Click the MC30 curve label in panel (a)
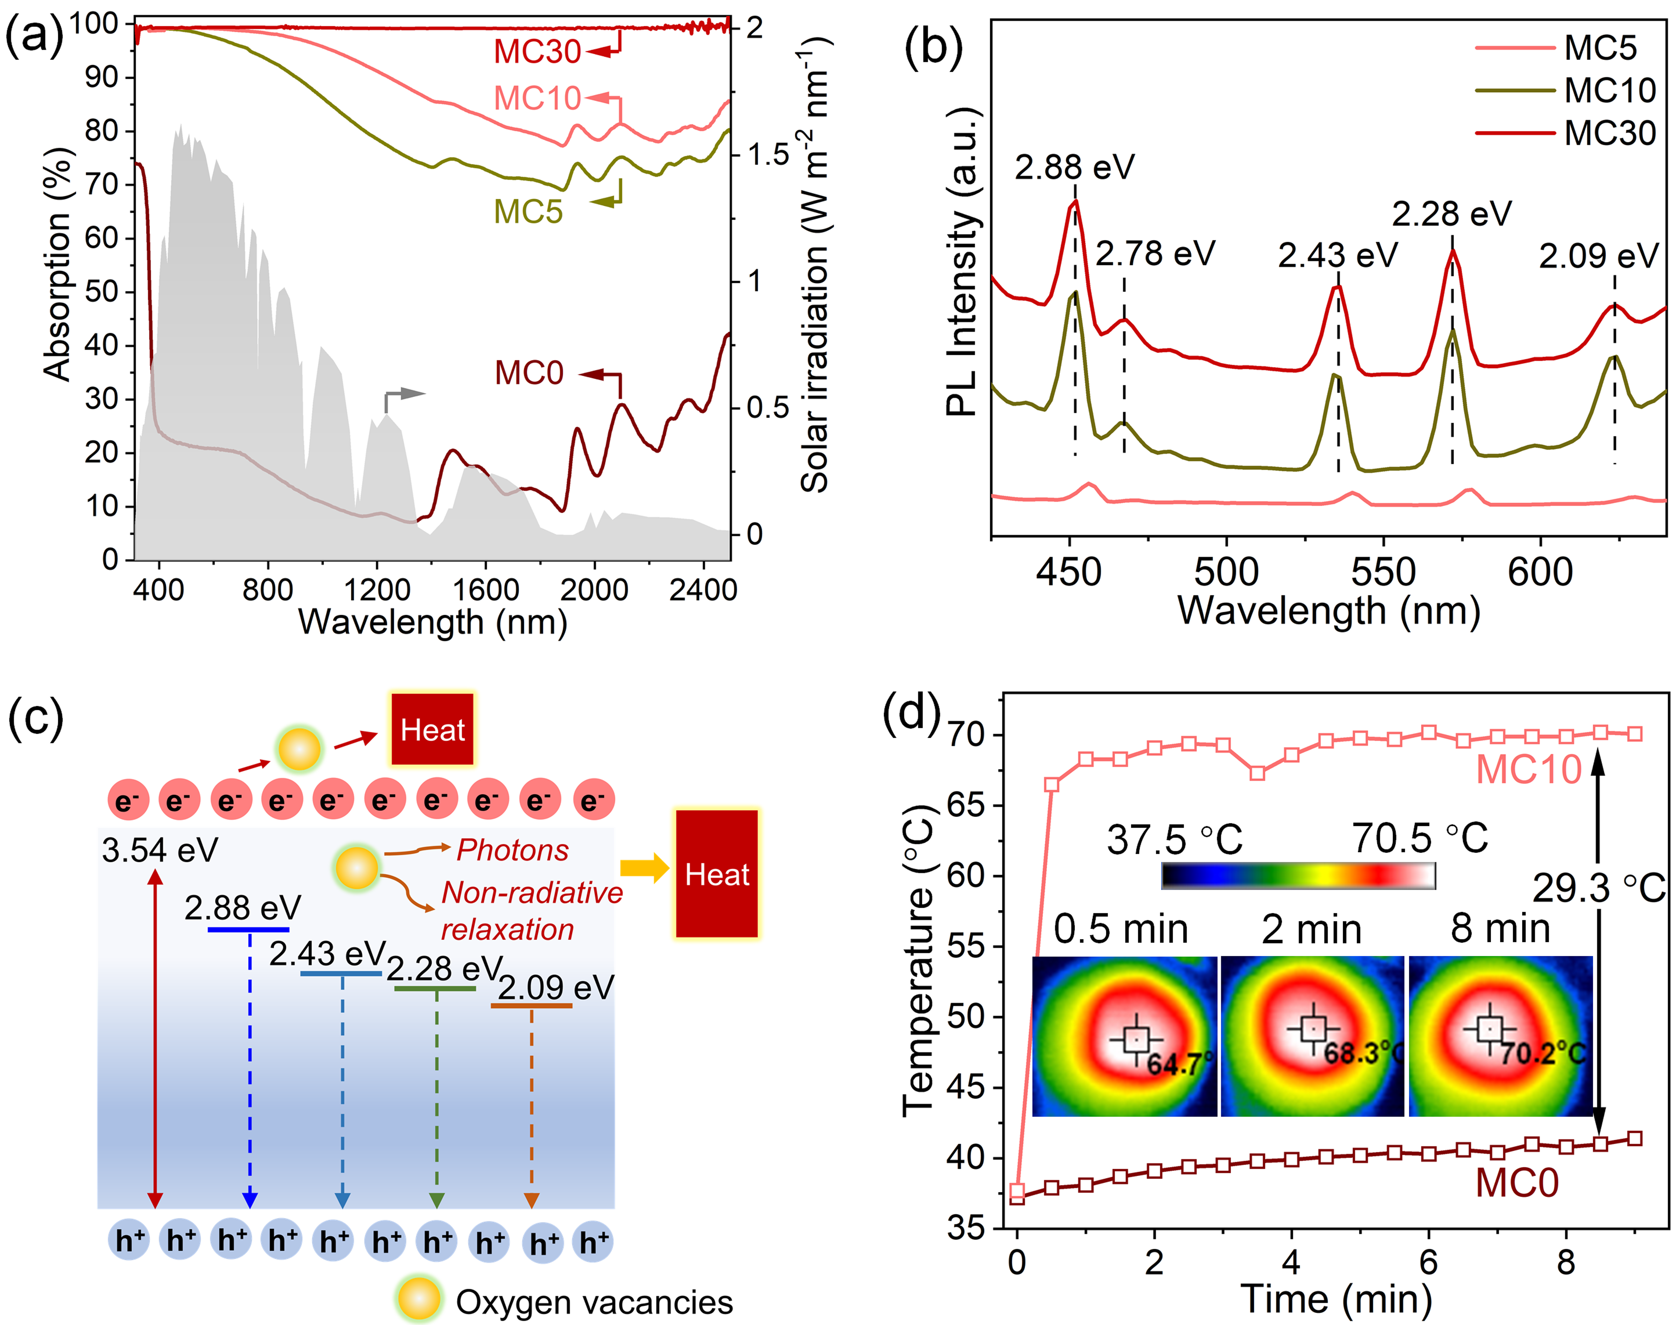(x=537, y=52)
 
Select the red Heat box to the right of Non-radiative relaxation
(x=716, y=874)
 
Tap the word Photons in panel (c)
(x=512, y=850)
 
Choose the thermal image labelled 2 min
(x=1312, y=1036)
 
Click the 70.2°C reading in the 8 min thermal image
(x=1543, y=1053)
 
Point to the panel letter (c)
(x=35, y=718)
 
